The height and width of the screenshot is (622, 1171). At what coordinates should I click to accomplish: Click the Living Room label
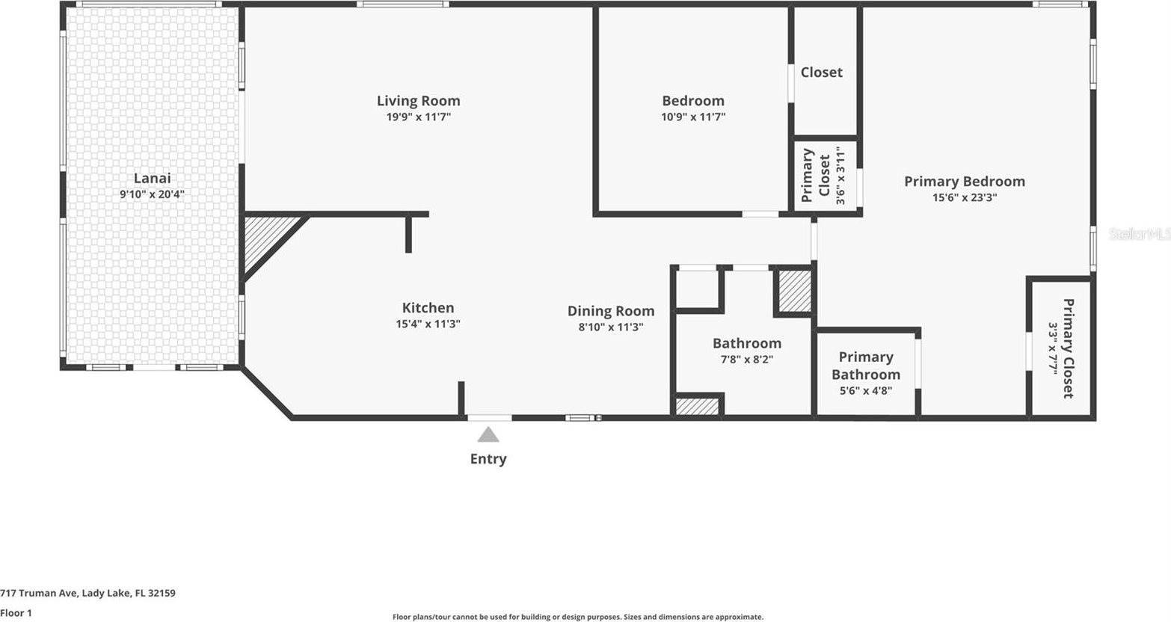coord(418,101)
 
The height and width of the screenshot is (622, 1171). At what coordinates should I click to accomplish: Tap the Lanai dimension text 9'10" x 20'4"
coord(152,194)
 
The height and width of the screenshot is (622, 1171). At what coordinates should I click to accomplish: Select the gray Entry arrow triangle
coord(488,434)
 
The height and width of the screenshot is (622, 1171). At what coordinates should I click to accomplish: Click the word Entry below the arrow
coord(488,459)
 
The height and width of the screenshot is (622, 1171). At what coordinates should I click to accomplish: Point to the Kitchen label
coord(428,307)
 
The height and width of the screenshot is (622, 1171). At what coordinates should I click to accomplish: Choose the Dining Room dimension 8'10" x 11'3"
coord(611,327)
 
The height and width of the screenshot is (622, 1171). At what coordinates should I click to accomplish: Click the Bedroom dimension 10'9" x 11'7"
coord(693,117)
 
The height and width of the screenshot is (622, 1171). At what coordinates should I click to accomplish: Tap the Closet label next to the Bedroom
coord(821,73)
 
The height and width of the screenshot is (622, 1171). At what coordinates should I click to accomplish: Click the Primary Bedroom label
coord(964,182)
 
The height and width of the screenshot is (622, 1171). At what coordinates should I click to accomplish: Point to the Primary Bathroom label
coord(866,366)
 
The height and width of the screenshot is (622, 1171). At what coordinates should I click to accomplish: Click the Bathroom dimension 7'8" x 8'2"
coord(746,359)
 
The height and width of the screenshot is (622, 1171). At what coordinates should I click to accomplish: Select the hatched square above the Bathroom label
coord(795,291)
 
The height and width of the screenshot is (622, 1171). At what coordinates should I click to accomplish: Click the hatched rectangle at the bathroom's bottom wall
coord(698,406)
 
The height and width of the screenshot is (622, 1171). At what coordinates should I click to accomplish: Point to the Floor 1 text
coord(16,613)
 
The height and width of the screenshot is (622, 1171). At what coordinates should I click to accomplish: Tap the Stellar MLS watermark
coord(1140,234)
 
